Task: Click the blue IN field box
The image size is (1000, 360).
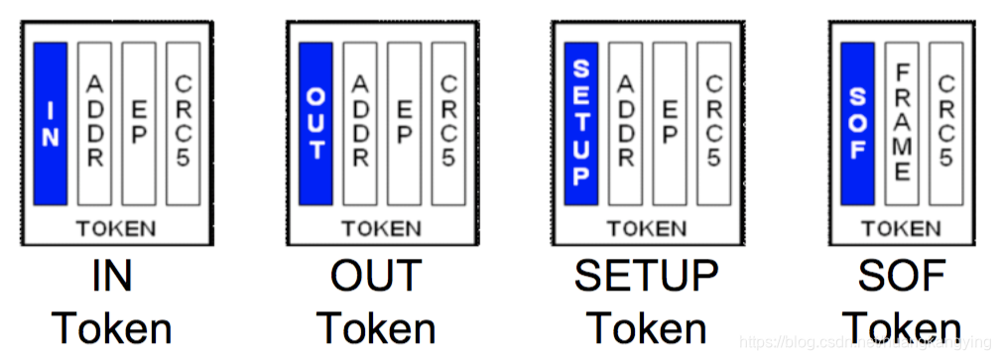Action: pyautogui.click(x=51, y=123)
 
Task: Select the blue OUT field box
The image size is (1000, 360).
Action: pyautogui.click(x=315, y=123)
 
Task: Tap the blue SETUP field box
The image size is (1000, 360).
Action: pyautogui.click(x=581, y=123)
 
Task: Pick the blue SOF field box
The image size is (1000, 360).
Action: pyautogui.click(x=857, y=123)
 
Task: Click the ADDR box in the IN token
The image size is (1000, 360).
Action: pyautogui.click(x=95, y=123)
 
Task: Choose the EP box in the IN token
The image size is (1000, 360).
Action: pyautogui.click(x=139, y=123)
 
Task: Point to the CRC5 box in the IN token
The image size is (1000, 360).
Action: pyautogui.click(x=183, y=123)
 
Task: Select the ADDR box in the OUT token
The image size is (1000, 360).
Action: pyautogui.click(x=360, y=123)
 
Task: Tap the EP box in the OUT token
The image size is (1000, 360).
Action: pyautogui.click(x=404, y=123)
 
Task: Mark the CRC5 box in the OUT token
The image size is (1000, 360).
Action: pyautogui.click(x=447, y=123)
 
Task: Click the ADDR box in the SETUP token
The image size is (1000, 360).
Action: pyautogui.click(x=626, y=123)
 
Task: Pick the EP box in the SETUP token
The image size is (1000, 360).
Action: pyautogui.click(x=670, y=123)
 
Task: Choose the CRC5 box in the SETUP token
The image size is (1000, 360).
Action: pyautogui.click(x=713, y=123)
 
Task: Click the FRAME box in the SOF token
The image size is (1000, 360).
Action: pyautogui.click(x=902, y=123)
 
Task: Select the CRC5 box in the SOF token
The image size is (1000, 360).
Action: pyautogui.click(x=945, y=123)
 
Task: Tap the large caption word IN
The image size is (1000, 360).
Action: pyautogui.click(x=111, y=277)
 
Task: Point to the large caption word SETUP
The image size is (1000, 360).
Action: pyautogui.click(x=646, y=277)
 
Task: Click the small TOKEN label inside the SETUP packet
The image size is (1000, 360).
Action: pyautogui.click(x=646, y=229)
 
